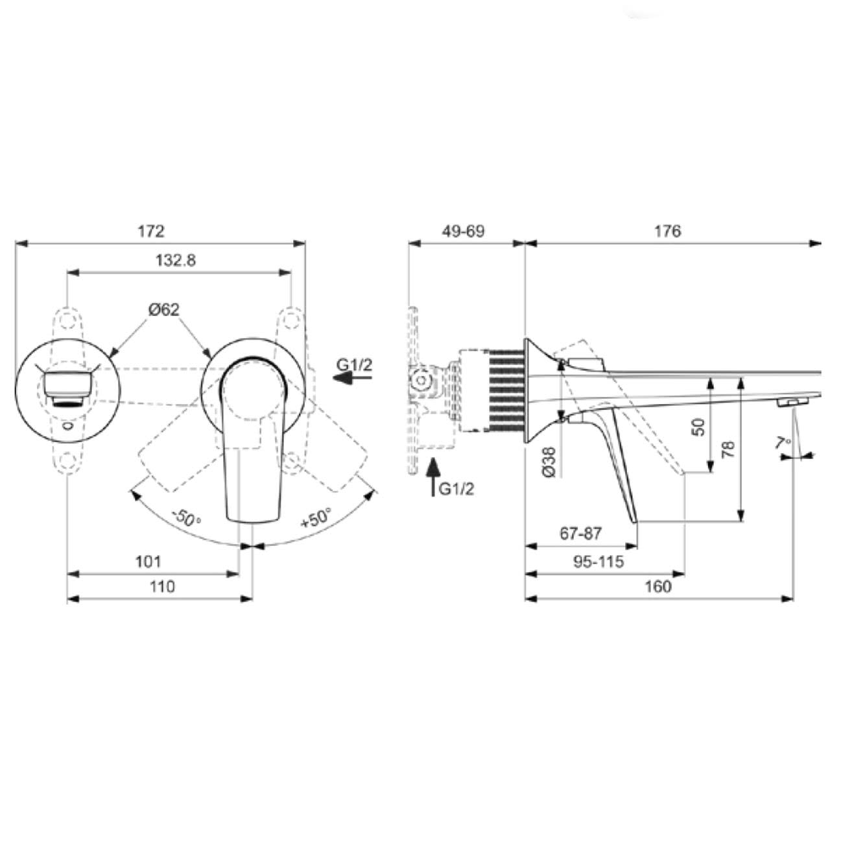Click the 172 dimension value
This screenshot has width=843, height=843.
(x=151, y=231)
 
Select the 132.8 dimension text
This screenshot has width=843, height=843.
(x=176, y=261)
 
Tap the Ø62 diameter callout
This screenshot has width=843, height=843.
(x=164, y=310)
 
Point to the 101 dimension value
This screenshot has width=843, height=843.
(x=148, y=562)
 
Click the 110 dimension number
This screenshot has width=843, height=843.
(x=162, y=586)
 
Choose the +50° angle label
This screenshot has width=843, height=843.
(x=316, y=518)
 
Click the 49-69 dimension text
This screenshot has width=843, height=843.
(x=463, y=231)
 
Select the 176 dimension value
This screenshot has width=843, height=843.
(x=667, y=231)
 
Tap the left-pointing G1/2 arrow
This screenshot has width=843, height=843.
(x=352, y=377)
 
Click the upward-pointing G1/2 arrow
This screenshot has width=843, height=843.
(x=433, y=477)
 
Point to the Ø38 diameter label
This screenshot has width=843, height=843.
(x=549, y=462)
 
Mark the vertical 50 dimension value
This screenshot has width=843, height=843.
(x=700, y=427)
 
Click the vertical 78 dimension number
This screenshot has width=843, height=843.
(x=728, y=450)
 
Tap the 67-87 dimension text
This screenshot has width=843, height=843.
(x=580, y=533)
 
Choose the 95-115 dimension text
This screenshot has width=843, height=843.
(x=599, y=562)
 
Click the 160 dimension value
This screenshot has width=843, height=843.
(x=658, y=586)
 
